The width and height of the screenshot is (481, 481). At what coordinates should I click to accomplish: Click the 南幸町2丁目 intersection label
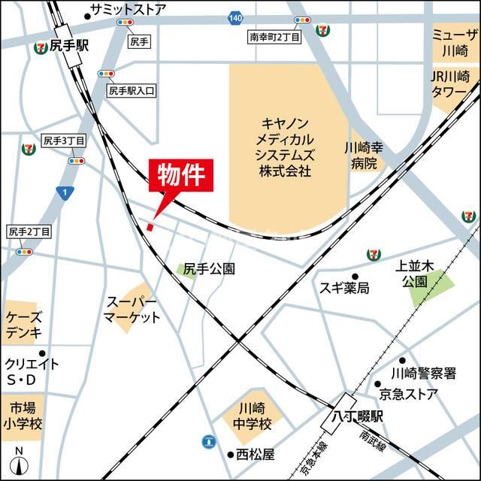(x=274, y=36)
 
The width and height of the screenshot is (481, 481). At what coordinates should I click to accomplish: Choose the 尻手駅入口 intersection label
(x=131, y=90)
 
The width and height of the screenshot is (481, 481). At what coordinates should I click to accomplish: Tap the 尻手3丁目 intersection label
(x=63, y=141)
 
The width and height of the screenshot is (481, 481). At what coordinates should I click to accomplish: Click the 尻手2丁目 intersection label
(x=29, y=232)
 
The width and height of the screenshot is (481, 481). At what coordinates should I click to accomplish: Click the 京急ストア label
(x=418, y=394)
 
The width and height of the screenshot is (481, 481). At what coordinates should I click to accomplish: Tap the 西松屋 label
(x=256, y=455)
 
